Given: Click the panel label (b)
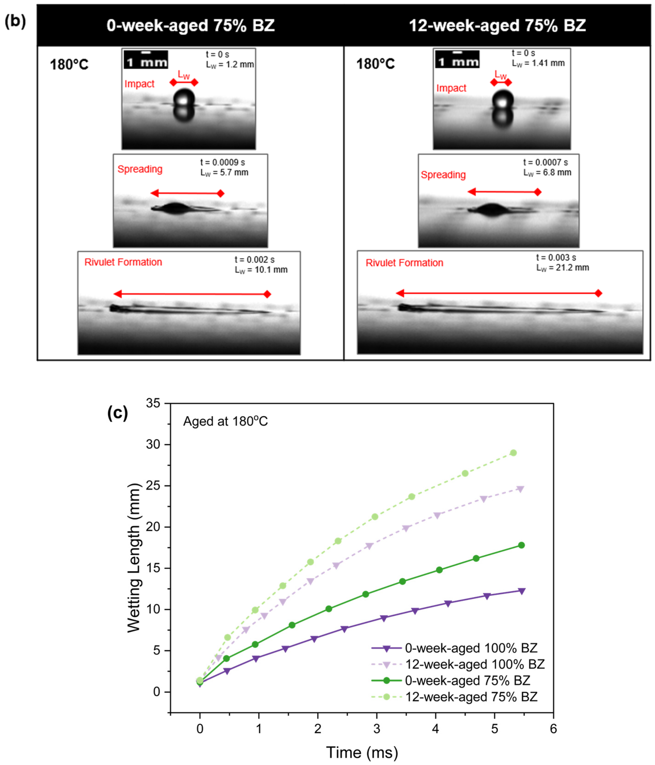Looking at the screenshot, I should coord(15,21).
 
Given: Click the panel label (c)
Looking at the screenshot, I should coord(117,412).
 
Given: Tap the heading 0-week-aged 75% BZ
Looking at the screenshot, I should coord(190,25).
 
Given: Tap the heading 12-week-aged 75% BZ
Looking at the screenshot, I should coord(497,25).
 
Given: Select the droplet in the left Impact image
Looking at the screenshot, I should coord(184,98).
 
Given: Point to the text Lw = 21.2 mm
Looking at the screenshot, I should coord(562,268).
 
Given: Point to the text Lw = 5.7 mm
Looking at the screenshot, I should coord(224,173).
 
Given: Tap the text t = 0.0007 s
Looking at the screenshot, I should coord(545,162).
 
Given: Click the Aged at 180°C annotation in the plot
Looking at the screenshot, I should coord(225,421).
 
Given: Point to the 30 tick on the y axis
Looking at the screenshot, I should coord(153,444).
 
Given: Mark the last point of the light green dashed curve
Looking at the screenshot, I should coord(513,453).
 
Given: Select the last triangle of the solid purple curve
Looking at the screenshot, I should coord(521,591).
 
